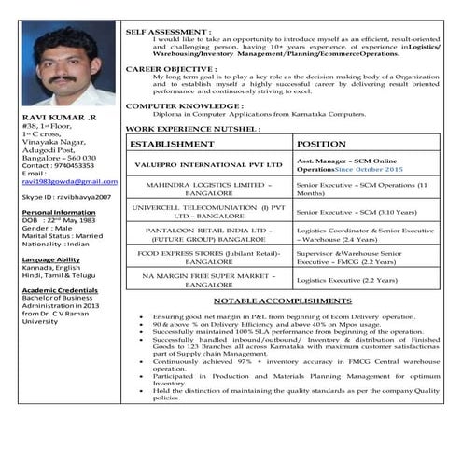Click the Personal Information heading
[x=55, y=212]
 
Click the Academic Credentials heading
[x=59, y=289]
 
